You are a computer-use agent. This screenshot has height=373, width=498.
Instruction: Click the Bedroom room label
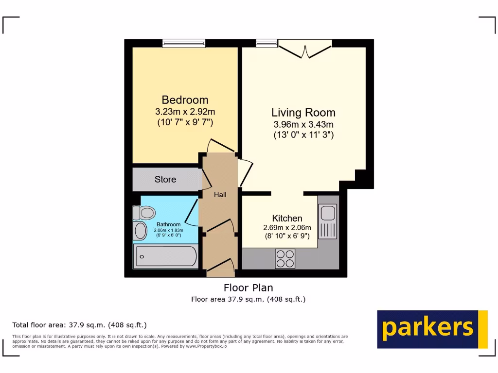pos(185,100)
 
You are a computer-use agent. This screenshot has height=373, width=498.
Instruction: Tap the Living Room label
pos(303,113)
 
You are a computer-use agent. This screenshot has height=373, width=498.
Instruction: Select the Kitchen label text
pos(287,218)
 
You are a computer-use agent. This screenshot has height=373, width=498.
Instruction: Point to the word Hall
pos(220,195)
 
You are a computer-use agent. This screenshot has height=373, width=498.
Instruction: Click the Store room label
pos(165,179)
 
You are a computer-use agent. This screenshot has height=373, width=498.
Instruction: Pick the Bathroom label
pos(168,224)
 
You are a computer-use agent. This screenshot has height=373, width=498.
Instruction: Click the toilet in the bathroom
pos(144,212)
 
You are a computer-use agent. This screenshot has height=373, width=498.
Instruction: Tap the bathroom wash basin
pos(141,231)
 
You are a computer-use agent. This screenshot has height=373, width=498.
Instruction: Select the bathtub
pos(166,256)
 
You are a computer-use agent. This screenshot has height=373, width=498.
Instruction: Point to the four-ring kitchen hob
pos(285,258)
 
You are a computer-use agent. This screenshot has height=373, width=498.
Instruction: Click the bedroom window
pos(184,43)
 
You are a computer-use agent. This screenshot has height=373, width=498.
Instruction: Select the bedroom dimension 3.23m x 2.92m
pos(185,112)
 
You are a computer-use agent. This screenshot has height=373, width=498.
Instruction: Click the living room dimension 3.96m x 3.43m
pos(303,124)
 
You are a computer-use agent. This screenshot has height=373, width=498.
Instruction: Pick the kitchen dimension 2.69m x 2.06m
pos(287,228)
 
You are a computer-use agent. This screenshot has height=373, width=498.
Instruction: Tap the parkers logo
pos(432,329)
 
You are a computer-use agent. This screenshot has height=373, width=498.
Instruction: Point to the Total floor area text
pos(79,325)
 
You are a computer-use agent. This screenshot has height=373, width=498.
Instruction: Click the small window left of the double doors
pos(266,43)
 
